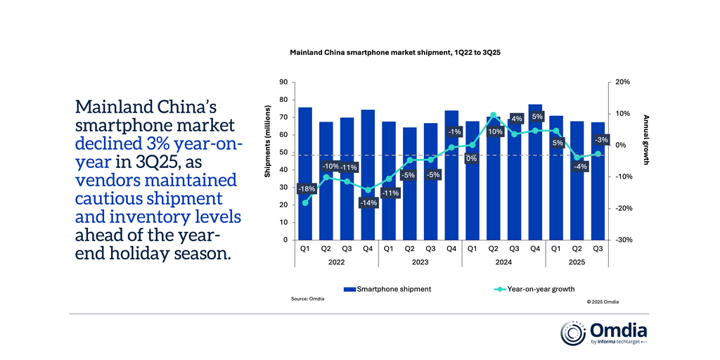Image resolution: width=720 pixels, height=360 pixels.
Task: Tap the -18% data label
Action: tap(306, 189)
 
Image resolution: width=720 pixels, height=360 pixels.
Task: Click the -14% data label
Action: tap(368, 202)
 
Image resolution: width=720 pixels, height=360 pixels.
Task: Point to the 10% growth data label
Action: tap(494, 131)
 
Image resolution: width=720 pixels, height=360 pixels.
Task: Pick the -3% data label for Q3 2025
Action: tap(601, 140)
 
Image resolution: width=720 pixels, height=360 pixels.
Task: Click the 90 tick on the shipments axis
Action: tap(283, 82)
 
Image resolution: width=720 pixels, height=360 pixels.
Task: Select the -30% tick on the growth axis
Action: tap(624, 240)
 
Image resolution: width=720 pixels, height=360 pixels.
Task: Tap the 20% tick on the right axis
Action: tap(623, 82)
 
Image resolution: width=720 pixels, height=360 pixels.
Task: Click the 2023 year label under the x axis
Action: tap(420, 262)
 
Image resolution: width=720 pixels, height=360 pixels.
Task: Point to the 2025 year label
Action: tap(576, 262)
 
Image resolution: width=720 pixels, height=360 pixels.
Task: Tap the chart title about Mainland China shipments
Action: tap(394, 53)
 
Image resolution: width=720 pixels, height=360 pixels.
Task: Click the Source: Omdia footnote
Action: tap(307, 299)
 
